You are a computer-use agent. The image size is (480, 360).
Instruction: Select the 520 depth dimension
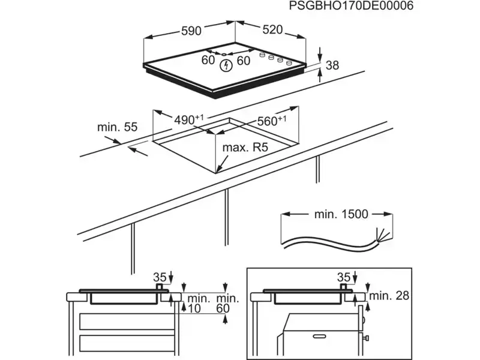272,29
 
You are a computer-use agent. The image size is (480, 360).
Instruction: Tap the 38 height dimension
332,65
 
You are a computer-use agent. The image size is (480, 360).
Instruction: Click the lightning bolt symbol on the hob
226,65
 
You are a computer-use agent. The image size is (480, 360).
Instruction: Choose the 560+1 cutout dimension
271,120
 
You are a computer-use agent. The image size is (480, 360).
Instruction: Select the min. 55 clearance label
117,127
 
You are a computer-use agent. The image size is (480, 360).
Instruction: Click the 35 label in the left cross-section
158,277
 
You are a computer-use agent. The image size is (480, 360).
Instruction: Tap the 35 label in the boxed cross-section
343,277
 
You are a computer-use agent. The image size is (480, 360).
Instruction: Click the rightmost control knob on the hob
289,62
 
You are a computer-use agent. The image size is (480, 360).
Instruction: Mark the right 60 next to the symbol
243,60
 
